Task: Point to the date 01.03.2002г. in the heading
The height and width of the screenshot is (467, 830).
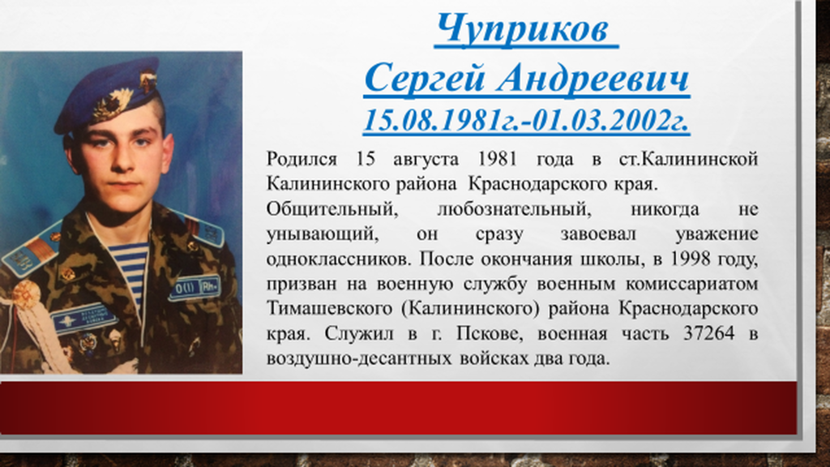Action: [x=610, y=120]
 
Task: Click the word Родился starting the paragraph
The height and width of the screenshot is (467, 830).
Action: [x=302, y=159]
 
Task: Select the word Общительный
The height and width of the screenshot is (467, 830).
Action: [x=332, y=209]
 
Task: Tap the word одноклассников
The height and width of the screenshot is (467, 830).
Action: [x=338, y=259]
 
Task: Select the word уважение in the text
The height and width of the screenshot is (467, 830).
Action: [x=717, y=234]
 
